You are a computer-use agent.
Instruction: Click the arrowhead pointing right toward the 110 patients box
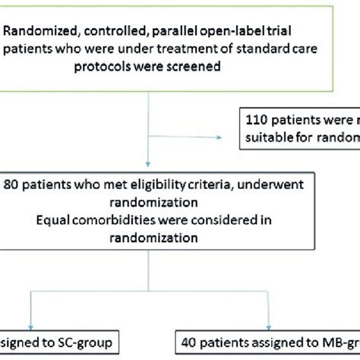click(x=223, y=138)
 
